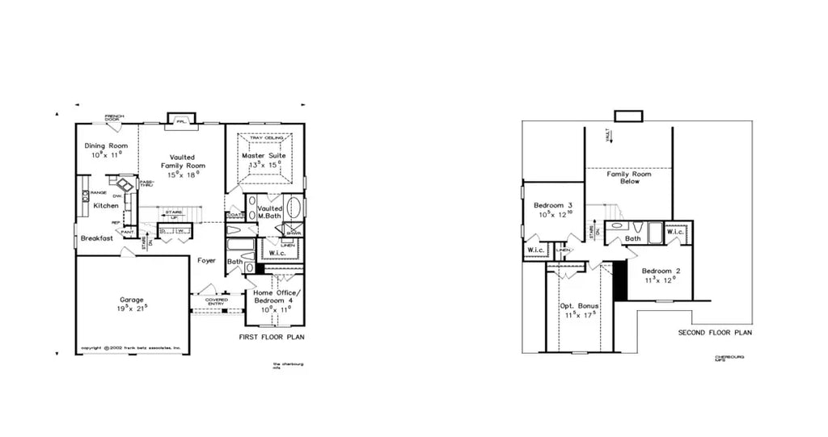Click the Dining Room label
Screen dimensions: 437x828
(107, 145)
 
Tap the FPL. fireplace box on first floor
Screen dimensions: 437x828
(181, 120)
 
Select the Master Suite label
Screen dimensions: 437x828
(264, 155)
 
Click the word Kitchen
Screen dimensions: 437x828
(105, 206)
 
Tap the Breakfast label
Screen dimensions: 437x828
(95, 238)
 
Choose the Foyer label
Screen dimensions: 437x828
(205, 260)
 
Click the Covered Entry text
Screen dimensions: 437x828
(216, 301)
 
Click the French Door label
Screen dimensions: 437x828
(114, 118)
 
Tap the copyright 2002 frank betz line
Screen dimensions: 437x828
(130, 349)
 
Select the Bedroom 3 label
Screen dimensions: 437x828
(553, 206)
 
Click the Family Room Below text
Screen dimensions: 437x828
(629, 178)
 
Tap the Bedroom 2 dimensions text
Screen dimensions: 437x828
(659, 281)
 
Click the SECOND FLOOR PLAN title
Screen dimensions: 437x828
(715, 332)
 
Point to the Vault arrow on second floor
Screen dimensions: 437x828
(611, 136)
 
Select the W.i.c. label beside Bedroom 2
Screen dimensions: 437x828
(676, 233)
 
